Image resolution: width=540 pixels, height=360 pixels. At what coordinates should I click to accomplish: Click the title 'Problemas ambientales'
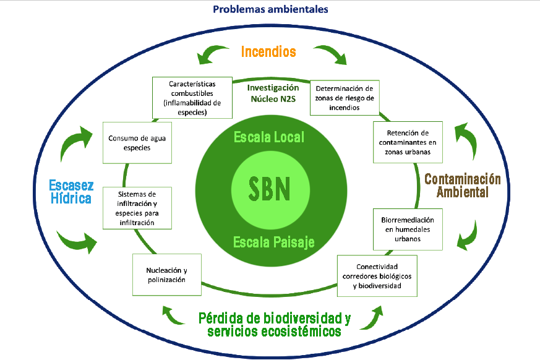[270, 9]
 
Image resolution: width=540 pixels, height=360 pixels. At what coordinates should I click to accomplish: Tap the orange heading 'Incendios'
[268, 51]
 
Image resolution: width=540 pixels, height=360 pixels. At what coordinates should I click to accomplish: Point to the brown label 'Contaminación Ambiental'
[463, 185]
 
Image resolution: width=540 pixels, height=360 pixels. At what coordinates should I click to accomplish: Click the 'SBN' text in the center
[269, 189]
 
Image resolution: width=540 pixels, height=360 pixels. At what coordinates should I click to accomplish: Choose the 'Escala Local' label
[269, 137]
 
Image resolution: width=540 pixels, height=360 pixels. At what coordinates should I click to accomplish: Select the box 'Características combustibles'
[192, 98]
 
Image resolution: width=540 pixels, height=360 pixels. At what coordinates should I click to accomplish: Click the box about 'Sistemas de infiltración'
[136, 208]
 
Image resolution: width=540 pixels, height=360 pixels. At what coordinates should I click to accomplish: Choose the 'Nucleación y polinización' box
[166, 275]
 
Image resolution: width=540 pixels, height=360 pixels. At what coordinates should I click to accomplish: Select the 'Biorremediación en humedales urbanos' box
[406, 229]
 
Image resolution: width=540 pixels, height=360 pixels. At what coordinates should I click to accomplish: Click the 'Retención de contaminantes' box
[407, 142]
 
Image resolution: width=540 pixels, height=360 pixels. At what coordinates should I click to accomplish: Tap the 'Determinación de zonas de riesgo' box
[344, 98]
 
